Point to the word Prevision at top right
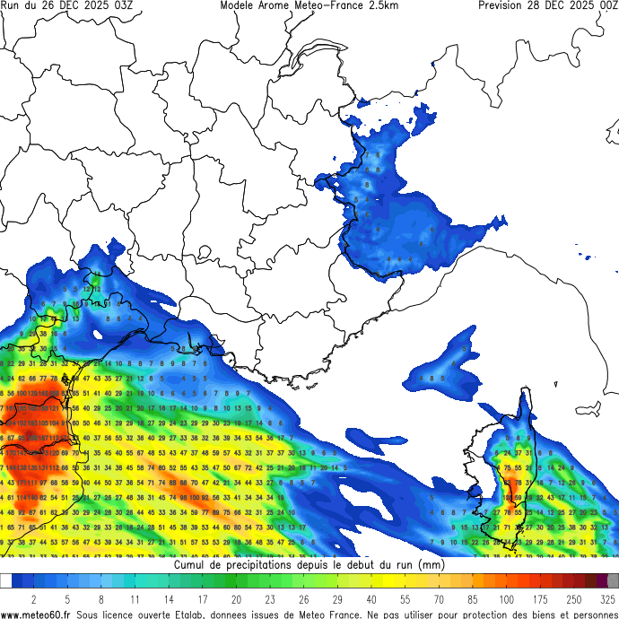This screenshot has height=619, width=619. coord(506,5)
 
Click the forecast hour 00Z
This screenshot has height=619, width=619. coord(607,5)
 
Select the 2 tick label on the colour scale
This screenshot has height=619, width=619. coord(34,599)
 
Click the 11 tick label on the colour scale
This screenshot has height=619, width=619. coord(135,599)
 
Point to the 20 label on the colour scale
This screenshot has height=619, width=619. coord(235,599)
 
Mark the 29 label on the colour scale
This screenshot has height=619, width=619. coord(336,599)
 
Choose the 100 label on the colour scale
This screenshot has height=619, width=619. coord(507,599)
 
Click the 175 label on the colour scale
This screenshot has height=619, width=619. coord(541,599)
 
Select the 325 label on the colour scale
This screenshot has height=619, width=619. coord(608,599)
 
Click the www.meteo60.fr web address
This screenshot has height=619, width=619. coord(37,614)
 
